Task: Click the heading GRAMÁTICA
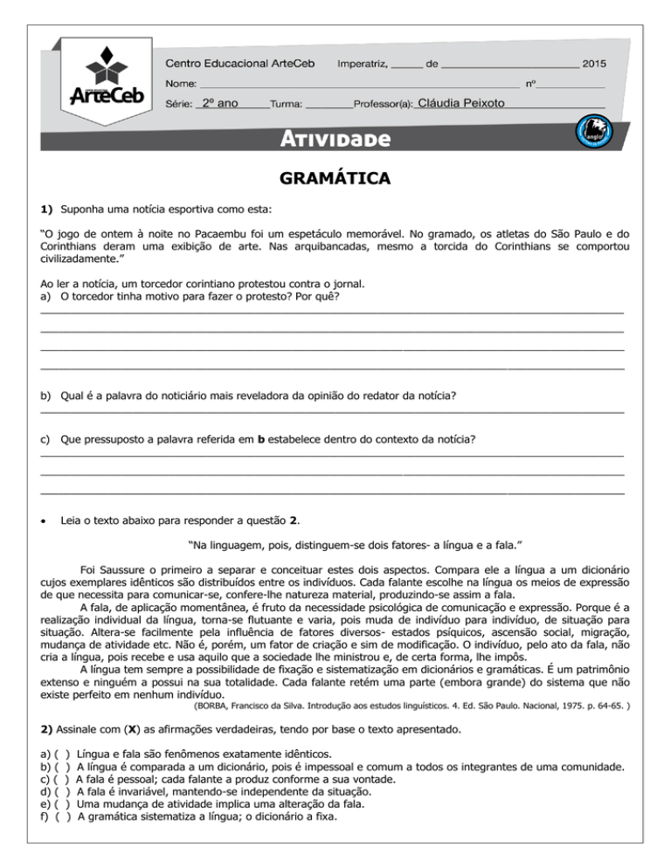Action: coord(335,179)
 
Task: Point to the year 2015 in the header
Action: coord(593,64)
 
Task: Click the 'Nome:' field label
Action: coord(181,84)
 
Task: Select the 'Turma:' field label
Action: coord(287,104)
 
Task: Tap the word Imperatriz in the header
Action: coord(363,64)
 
